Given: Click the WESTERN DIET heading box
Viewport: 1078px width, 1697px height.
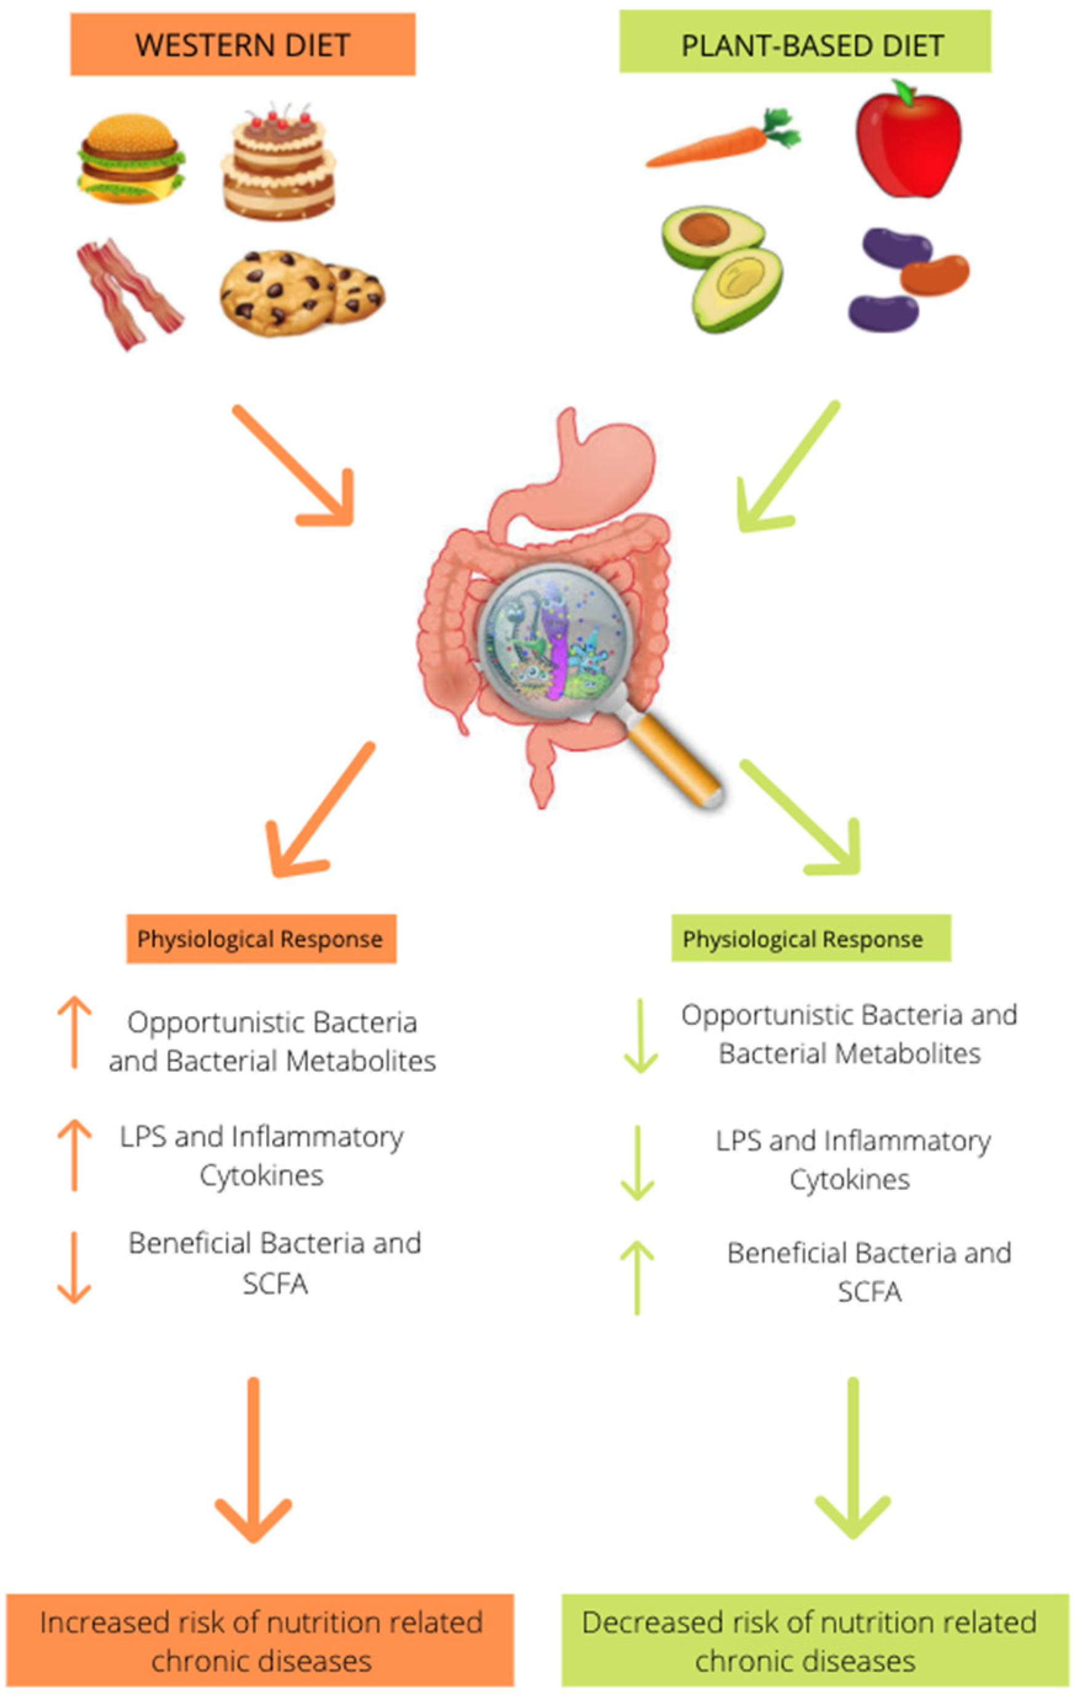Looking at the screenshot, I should coord(243,44).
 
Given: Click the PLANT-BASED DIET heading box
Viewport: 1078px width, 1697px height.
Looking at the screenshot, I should coord(805,44).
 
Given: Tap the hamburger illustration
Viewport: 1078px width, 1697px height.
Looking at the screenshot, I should coord(131,158).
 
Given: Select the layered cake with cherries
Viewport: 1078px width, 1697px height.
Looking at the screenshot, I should coord(278,166).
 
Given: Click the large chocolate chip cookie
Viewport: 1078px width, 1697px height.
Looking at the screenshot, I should coord(278,293).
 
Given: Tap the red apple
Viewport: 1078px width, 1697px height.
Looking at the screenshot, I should coord(908,141).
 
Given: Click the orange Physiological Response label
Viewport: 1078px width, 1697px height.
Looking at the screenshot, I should coord(260,939).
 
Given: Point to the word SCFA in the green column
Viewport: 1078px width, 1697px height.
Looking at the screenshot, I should coord(869,1292).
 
